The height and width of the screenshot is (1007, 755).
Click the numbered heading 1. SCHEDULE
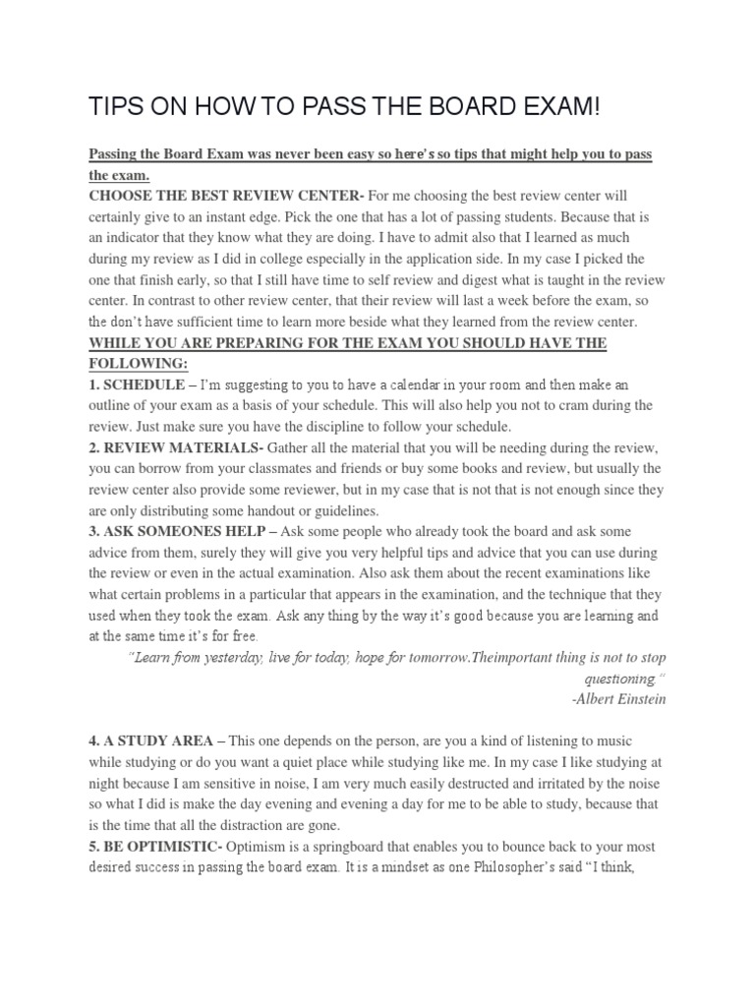click(x=137, y=384)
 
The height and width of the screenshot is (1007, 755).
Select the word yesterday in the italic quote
click(x=218, y=657)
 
